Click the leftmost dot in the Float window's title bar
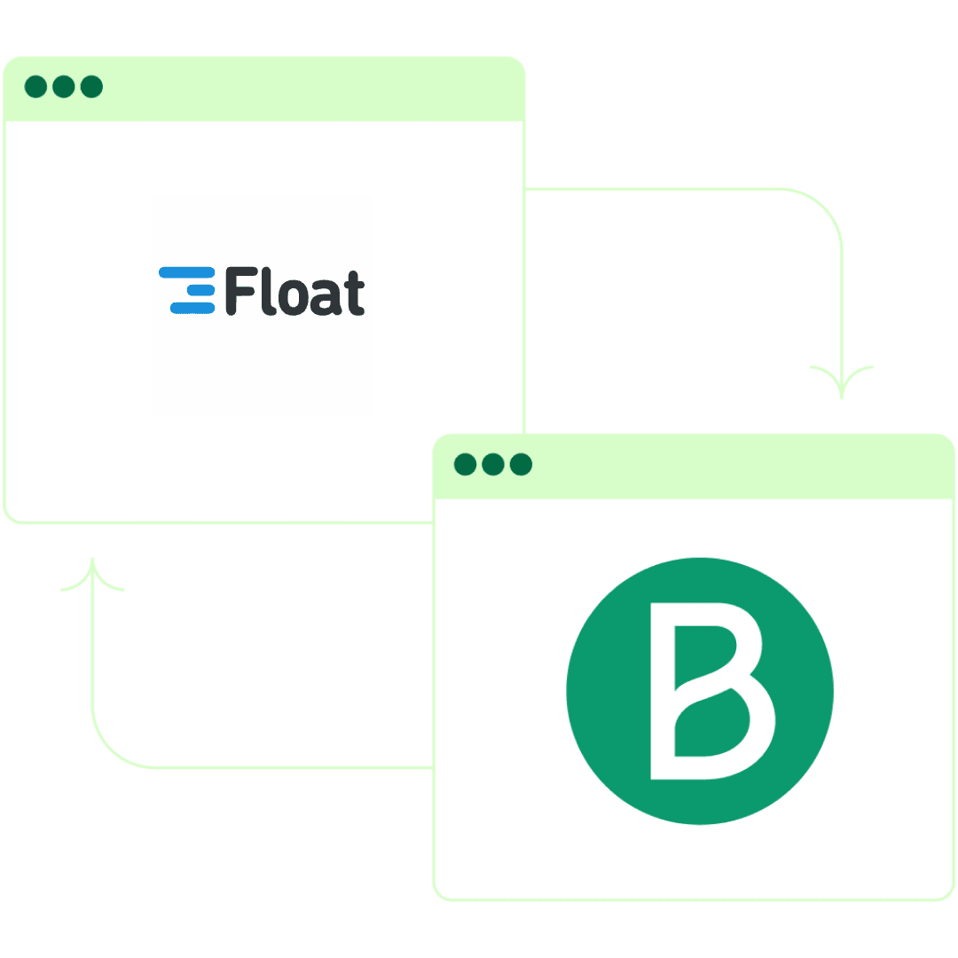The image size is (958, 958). click(x=35, y=87)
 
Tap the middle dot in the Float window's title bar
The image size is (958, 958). click(x=63, y=87)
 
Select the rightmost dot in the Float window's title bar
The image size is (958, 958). click(x=90, y=87)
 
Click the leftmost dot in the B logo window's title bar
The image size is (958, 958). click(x=465, y=464)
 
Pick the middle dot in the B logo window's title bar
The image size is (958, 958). click(x=492, y=464)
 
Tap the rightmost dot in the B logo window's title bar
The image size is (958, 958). click(x=520, y=464)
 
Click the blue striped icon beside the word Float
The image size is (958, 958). click(x=187, y=290)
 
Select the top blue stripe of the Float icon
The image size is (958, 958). click(x=186, y=272)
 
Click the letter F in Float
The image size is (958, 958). click(x=238, y=292)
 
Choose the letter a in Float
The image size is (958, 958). click(x=324, y=297)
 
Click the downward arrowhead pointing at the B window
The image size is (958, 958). click(x=842, y=385)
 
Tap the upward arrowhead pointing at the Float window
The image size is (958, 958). click(x=92, y=572)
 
